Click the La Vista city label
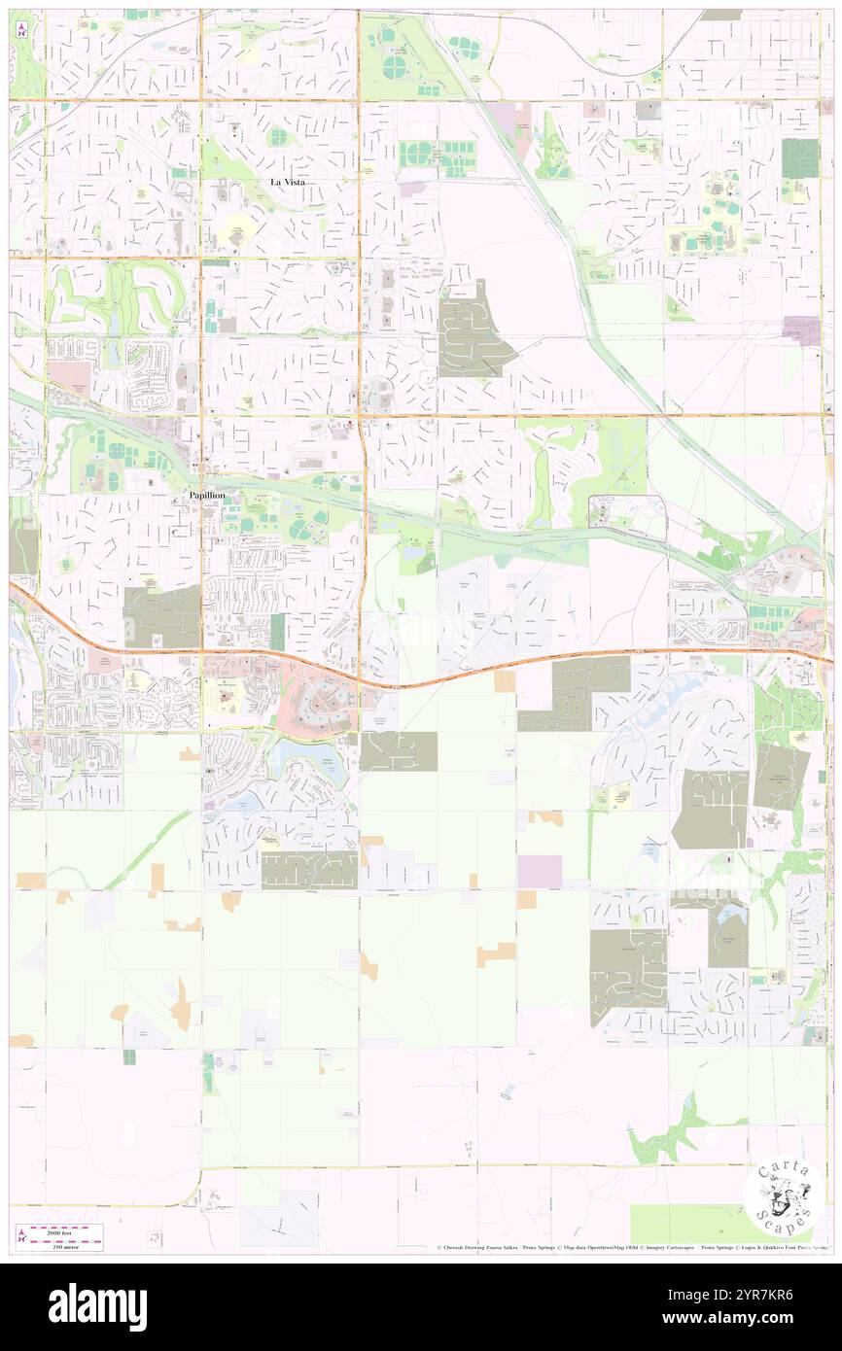(287, 182)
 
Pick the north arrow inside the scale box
(21, 1234)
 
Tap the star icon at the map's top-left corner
(22, 30)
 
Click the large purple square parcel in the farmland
(540, 871)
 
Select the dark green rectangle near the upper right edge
(799, 157)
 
